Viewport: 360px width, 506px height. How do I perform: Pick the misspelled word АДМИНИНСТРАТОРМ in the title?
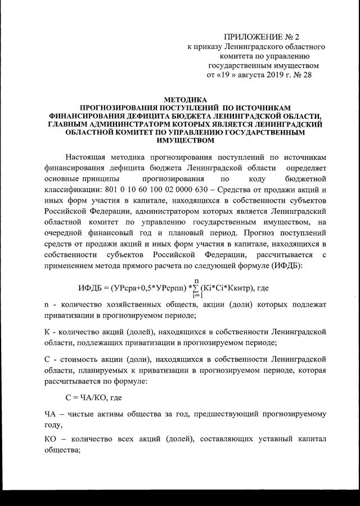coord(133,123)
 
